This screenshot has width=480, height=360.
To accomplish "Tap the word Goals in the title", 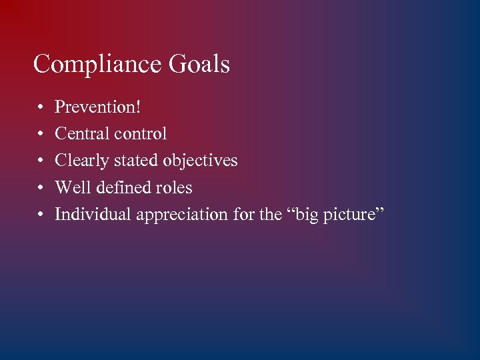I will [x=199, y=65].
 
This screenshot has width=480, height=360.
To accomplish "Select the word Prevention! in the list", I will [x=97, y=107].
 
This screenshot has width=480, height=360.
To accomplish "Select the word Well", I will [x=70, y=187].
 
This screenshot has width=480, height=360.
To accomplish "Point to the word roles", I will [x=175, y=187].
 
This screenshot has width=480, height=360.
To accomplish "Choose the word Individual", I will [x=93, y=215].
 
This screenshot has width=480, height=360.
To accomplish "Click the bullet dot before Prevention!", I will [x=41, y=107].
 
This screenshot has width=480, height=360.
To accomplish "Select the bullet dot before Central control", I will [x=41, y=134].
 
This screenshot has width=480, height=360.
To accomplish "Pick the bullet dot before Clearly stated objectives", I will [x=41, y=161].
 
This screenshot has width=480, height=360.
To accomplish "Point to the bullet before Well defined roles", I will [x=41, y=188].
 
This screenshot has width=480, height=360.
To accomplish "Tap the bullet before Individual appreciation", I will [x=41, y=215].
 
